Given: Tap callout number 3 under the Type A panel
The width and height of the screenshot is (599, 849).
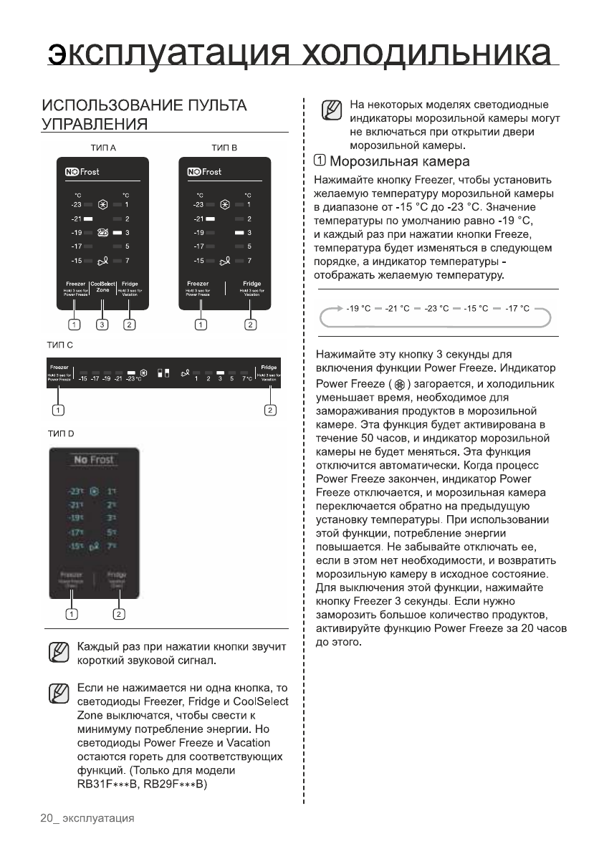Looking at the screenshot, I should click(x=102, y=326).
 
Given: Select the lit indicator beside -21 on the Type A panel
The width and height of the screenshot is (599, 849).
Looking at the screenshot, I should click(x=89, y=219).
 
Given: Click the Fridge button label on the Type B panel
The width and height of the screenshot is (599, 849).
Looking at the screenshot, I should click(x=251, y=284).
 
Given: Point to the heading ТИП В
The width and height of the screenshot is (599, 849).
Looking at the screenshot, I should click(x=224, y=148).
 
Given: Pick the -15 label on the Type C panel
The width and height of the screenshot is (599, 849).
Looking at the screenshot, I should click(x=83, y=378).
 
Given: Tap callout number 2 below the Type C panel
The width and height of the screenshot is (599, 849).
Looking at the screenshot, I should click(x=270, y=411).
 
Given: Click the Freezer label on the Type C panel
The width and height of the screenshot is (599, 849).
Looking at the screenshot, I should click(x=59, y=368).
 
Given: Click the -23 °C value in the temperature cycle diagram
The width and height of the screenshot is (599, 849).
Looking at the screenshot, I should click(x=437, y=309).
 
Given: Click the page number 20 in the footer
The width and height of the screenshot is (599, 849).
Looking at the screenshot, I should click(x=47, y=818).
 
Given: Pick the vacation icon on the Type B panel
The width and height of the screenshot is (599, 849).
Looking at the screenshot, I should click(x=226, y=260).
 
